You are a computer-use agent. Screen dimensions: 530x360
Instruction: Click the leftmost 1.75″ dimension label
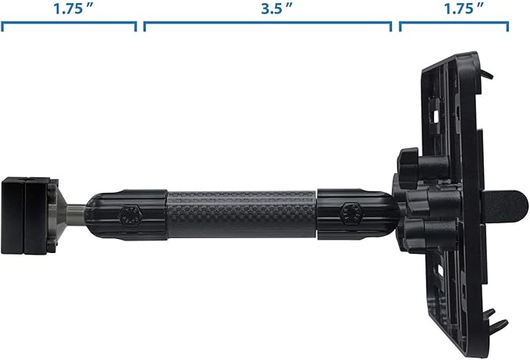tap(73, 9)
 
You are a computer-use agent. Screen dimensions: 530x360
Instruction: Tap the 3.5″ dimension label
tap(276, 9)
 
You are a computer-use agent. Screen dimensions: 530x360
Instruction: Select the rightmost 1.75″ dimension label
tap(464, 9)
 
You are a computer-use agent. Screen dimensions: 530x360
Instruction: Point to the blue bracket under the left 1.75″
tap(69, 23)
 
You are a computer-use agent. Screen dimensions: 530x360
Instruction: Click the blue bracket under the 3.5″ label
tap(268, 23)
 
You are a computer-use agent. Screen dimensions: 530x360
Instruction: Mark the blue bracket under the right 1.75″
tap(454, 23)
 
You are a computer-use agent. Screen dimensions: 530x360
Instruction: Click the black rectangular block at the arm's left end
tap(25, 216)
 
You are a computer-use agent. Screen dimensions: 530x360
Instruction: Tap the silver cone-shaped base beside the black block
tap(58, 216)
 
